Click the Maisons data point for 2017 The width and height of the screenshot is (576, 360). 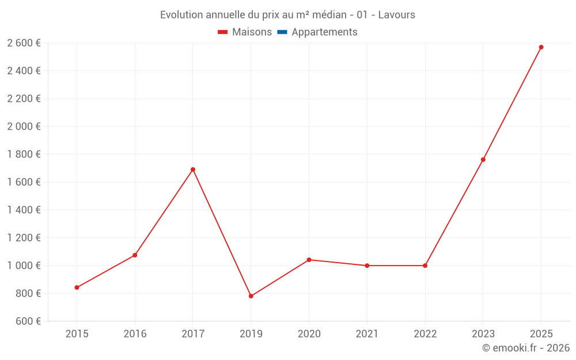(x=193, y=169)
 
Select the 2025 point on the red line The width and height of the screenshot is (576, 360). (x=541, y=47)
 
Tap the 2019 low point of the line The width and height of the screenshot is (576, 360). (x=251, y=296)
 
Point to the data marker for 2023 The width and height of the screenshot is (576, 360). (x=483, y=160)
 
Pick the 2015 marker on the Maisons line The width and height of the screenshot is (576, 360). (x=77, y=287)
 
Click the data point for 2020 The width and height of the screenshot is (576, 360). (x=309, y=260)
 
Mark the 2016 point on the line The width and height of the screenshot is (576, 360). (x=135, y=255)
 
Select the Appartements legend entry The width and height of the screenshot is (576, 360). (x=324, y=32)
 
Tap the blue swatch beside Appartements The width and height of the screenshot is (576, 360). (x=282, y=32)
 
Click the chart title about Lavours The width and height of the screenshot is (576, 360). (x=287, y=15)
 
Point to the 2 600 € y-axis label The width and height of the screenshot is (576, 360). (x=24, y=43)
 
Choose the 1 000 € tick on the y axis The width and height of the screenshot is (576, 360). (x=24, y=266)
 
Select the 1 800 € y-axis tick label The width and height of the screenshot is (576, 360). (x=24, y=154)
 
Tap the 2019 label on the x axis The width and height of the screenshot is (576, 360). (x=251, y=334)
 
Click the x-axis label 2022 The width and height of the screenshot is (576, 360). (x=425, y=334)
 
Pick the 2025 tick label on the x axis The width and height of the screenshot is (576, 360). (x=541, y=334)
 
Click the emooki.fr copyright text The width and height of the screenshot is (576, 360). (x=526, y=348)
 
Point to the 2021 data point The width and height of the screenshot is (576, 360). (x=367, y=266)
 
